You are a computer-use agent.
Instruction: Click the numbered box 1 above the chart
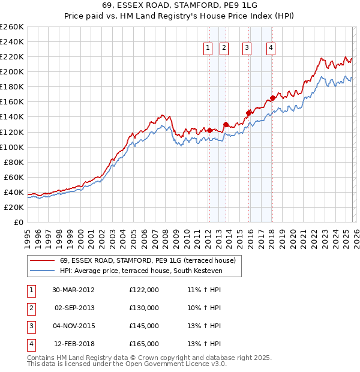coord(208,49)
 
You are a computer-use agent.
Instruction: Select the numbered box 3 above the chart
coord(247,49)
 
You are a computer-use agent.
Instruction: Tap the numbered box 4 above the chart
coord(271,49)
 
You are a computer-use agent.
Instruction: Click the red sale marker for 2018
coord(272,98)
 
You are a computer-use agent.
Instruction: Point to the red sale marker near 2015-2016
coord(248,112)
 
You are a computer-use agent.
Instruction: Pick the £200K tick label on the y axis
coord(12,71)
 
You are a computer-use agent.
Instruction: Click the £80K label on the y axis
coord(14,162)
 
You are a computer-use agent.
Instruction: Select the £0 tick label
coord(19,222)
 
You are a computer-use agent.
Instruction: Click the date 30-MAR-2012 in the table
coord(73,290)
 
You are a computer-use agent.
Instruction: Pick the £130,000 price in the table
coord(144,308)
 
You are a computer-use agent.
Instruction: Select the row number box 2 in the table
coord(31,308)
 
